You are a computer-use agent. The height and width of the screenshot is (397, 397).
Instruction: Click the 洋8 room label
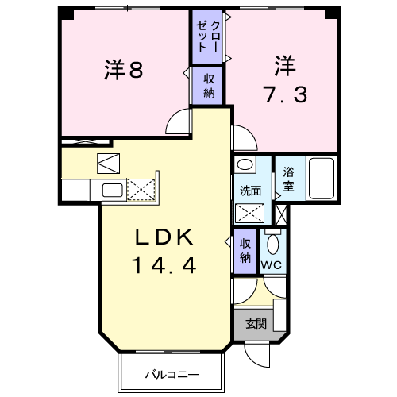point(124,70)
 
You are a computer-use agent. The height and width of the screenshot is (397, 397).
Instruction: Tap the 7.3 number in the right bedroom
point(286,94)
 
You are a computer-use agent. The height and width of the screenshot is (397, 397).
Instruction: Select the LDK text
point(164,237)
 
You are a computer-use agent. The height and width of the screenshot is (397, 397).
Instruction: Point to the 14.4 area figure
point(164,265)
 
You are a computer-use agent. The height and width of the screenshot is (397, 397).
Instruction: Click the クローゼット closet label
point(207,37)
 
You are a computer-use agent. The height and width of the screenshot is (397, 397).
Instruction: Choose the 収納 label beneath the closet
point(209,86)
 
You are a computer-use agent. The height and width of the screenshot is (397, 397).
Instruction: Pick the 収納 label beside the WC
point(245,251)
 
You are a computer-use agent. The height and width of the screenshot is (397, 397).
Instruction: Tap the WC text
point(272,264)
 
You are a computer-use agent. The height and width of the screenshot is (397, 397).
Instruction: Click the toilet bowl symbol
point(273,244)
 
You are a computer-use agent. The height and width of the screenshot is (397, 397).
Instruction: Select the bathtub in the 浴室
point(322,179)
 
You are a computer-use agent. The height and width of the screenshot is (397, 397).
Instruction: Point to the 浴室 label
point(288,179)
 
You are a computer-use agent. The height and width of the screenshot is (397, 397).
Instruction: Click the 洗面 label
point(250,191)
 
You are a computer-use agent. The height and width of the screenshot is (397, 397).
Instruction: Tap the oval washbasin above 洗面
point(246,164)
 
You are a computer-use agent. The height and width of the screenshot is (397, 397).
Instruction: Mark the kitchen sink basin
point(113,190)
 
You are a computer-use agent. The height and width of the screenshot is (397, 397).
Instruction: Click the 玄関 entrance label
point(256,324)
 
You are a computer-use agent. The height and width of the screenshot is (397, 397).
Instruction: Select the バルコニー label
point(172,375)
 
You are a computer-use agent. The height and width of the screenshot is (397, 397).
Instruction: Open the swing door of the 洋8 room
point(178,121)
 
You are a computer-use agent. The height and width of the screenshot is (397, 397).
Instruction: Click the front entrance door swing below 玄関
point(256,355)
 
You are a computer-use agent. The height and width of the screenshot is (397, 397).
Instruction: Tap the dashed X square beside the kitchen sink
point(141,190)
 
